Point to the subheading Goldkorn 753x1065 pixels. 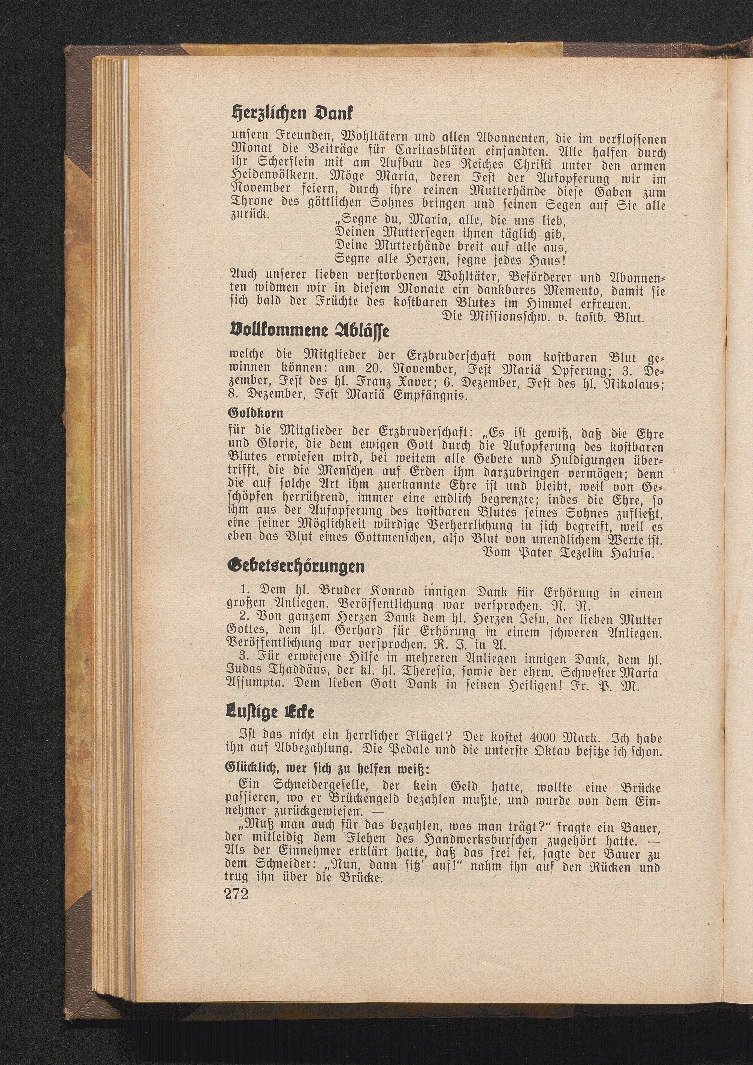(255, 412)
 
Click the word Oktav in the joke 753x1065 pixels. (521, 751)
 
